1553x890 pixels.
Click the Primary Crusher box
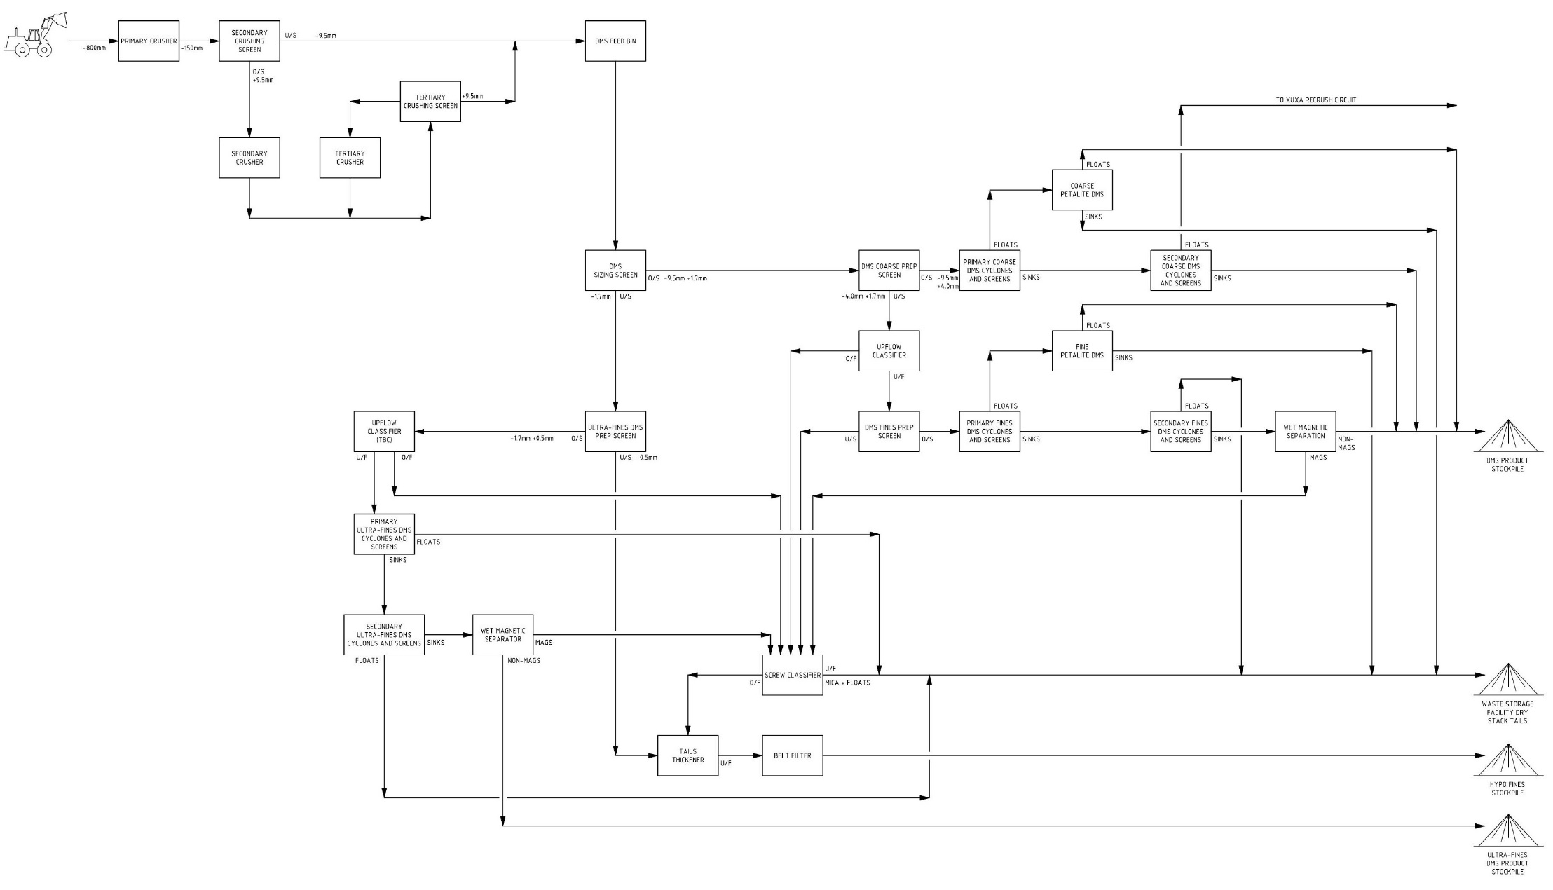coord(149,41)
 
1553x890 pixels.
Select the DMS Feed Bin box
coord(615,41)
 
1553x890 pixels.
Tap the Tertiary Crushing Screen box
coord(430,102)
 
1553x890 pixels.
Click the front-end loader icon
coord(35,34)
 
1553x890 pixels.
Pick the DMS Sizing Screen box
coord(615,271)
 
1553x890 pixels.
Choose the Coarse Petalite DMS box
coord(1082,190)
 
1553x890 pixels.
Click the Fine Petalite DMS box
coord(1082,351)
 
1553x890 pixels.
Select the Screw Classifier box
coord(793,675)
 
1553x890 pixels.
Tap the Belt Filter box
coord(793,755)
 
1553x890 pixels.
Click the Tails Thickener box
coord(688,755)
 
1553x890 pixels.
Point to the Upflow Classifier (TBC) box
coord(384,432)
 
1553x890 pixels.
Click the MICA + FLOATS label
coord(847,683)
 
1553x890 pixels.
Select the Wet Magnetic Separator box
coord(503,635)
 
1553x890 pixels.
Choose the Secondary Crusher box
coord(249,158)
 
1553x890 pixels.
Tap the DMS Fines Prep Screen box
coord(889,432)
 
